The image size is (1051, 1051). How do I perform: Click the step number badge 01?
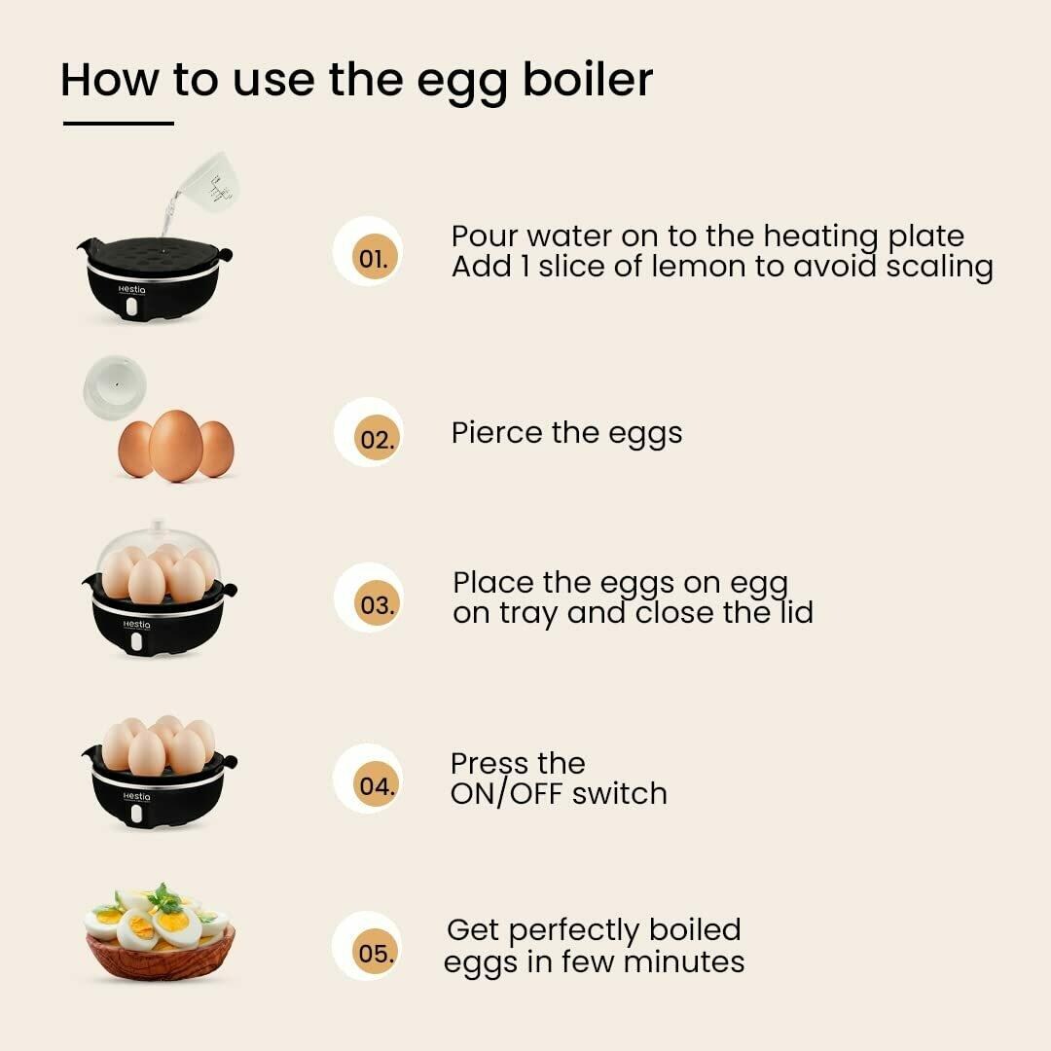(374, 258)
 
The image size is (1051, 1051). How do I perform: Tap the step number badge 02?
(376, 439)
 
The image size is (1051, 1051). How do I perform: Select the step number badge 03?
(376, 604)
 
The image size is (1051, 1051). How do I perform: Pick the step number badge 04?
(375, 785)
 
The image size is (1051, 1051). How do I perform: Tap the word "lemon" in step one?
(699, 266)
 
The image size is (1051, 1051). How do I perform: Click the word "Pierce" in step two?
(497, 432)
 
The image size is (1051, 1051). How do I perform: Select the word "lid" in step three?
(797, 612)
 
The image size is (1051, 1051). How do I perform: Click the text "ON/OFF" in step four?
(506, 794)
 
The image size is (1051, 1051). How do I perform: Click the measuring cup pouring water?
(208, 182)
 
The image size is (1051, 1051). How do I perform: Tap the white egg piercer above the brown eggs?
(115, 387)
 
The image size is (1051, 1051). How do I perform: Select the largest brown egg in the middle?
(175, 446)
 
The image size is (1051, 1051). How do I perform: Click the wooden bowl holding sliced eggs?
(161, 953)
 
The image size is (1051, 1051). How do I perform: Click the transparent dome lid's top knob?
(158, 525)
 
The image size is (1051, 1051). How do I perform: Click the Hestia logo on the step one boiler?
(131, 290)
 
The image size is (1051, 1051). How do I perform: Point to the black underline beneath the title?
(119, 124)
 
